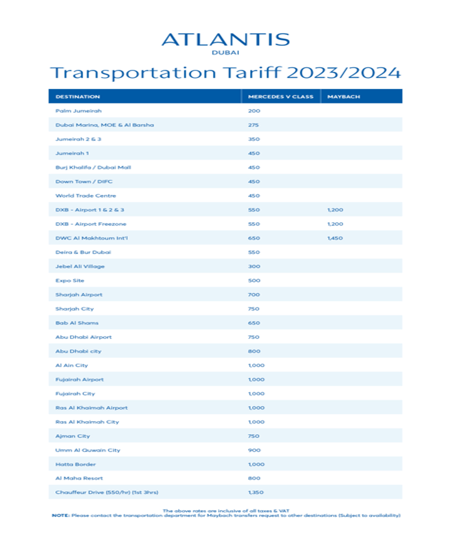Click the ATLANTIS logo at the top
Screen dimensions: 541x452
225,40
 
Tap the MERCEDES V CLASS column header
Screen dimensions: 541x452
280,97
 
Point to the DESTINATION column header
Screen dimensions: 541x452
77,97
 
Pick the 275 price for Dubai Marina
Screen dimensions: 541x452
254,125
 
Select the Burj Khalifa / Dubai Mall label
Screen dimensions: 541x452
93,167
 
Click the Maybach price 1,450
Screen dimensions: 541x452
335,238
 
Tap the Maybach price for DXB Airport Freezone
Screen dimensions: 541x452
335,224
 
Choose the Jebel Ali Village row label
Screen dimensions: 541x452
80,266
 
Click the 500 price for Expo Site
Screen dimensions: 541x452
254,281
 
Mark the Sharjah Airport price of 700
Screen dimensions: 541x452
254,295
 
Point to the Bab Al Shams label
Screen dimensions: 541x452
77,323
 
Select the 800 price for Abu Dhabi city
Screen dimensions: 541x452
254,351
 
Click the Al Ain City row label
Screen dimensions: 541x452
72,365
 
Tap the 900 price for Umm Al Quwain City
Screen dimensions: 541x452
254,450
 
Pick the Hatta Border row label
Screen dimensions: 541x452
76,464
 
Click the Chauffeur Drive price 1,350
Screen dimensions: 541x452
256,492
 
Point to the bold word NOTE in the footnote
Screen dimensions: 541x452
59,516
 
